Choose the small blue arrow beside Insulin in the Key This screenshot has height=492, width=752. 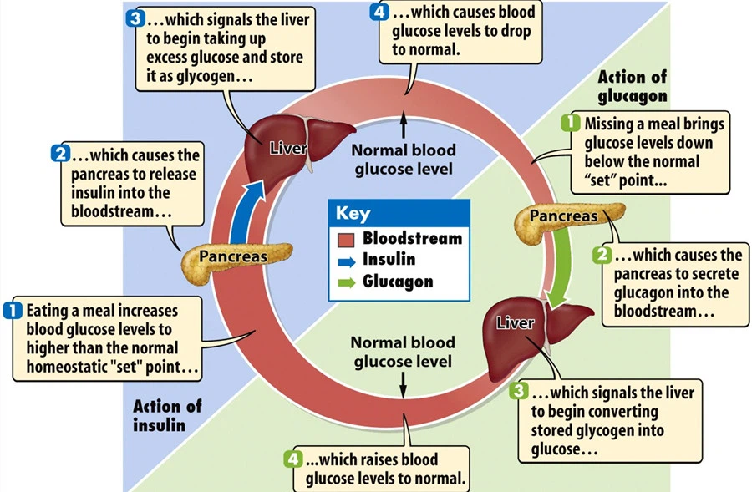(x=347, y=261)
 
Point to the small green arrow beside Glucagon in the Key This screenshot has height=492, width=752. (x=347, y=282)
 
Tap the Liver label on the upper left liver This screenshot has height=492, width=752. (x=288, y=150)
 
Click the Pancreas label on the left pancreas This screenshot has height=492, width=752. (x=232, y=256)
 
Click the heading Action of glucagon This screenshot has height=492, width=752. (x=633, y=86)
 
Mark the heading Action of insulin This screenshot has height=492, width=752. (x=167, y=415)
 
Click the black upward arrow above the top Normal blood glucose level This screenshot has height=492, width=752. (x=404, y=125)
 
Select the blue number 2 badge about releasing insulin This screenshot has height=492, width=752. (x=59, y=154)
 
